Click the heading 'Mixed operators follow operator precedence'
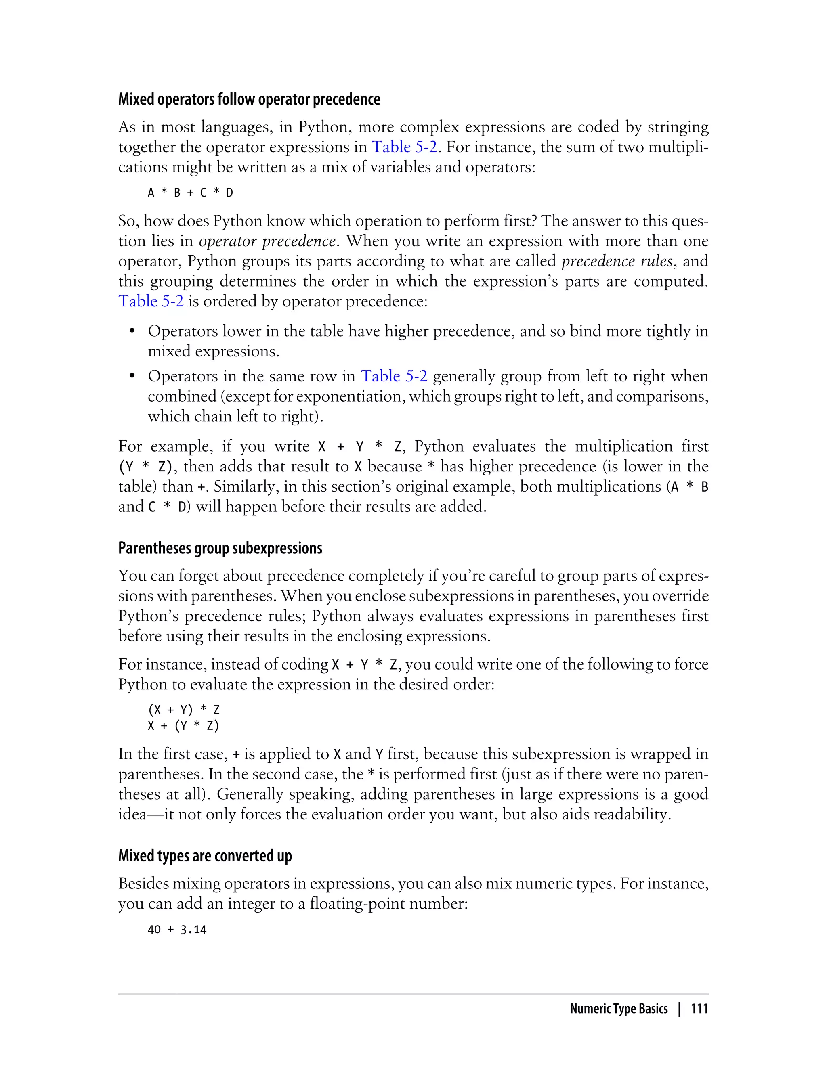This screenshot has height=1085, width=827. pyautogui.click(x=249, y=99)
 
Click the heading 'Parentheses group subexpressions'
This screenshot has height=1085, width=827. pyautogui.click(x=220, y=548)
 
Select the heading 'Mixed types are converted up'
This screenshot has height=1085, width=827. pyautogui.click(x=205, y=856)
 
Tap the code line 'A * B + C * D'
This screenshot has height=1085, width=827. pyautogui.click(x=190, y=193)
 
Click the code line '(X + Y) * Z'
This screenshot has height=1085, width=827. pyautogui.click(x=184, y=710)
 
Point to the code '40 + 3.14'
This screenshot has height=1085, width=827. pyautogui.click(x=177, y=930)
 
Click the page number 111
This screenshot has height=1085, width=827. pyautogui.click(x=699, y=1009)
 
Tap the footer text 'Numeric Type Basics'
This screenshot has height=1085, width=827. pyautogui.click(x=618, y=1009)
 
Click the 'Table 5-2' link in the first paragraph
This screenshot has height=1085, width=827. pyautogui.click(x=404, y=147)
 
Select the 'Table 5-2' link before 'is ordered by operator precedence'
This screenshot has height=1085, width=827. pyautogui.click(x=151, y=301)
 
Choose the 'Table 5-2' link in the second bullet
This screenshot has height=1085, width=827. pyautogui.click(x=394, y=377)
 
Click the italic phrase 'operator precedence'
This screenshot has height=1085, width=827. pyautogui.click(x=267, y=241)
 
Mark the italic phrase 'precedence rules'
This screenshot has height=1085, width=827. pyautogui.click(x=617, y=261)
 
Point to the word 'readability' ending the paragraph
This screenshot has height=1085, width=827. pyautogui.click(x=631, y=815)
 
